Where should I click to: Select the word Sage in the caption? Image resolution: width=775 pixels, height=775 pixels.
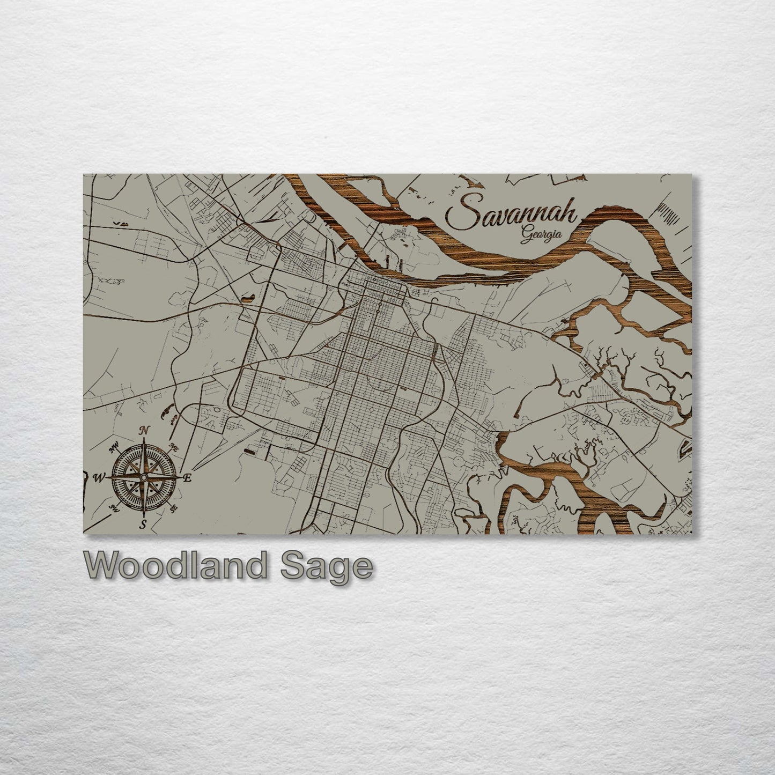point(327,566)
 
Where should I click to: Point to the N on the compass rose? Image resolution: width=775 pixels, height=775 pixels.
point(143,430)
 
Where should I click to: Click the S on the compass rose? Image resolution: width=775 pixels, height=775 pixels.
point(143,525)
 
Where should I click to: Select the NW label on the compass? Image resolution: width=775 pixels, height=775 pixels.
point(114,448)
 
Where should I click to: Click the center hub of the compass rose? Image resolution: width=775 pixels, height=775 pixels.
point(144,477)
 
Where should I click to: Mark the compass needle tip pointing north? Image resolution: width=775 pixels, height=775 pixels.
point(144,439)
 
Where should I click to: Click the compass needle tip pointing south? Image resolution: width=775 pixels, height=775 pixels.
point(144,515)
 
